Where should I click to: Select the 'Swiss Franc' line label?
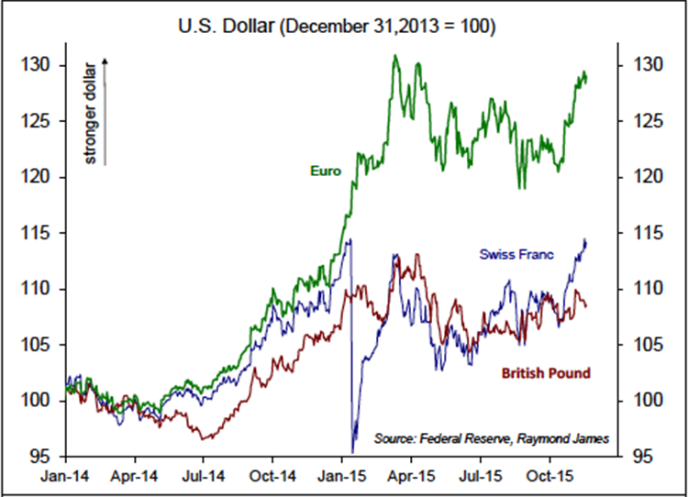coord(516,254)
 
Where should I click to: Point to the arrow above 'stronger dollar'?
coord(105,62)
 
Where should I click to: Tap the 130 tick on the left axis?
coord(42,65)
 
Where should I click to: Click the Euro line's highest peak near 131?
coord(394,56)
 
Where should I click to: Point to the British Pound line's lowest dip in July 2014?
coord(205,439)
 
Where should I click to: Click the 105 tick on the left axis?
coord(42,345)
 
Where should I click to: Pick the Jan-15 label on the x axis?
coord(341,478)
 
